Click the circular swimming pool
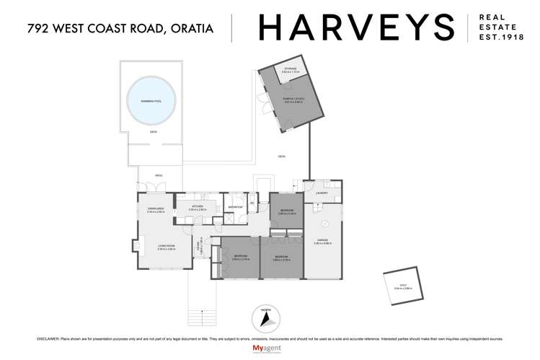154,101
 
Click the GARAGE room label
322,240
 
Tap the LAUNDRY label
322,193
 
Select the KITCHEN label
196,206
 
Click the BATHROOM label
235,207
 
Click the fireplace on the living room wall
133,246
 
